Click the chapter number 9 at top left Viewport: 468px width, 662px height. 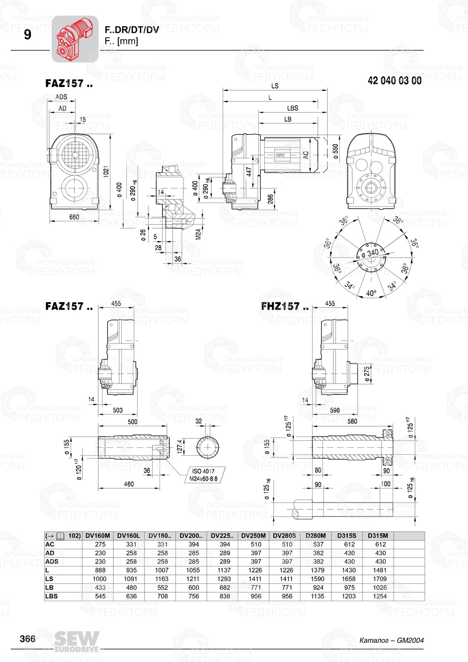(27, 35)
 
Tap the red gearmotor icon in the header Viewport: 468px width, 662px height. (74, 39)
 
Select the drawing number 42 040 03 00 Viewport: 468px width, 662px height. (394, 80)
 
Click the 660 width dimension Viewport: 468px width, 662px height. (74, 217)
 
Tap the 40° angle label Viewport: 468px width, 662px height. (371, 293)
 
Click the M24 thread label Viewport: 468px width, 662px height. (198, 233)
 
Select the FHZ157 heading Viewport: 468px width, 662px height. (285, 306)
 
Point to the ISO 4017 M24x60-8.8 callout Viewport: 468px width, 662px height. (204, 475)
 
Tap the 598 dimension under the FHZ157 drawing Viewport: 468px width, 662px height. (335, 410)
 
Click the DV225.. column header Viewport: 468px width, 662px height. (222, 536)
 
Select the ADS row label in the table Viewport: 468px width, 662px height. (52, 561)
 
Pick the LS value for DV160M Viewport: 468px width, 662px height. (100, 579)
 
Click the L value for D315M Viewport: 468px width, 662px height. (380, 570)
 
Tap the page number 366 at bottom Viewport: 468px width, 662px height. (28, 639)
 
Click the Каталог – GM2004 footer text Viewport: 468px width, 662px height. (391, 640)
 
